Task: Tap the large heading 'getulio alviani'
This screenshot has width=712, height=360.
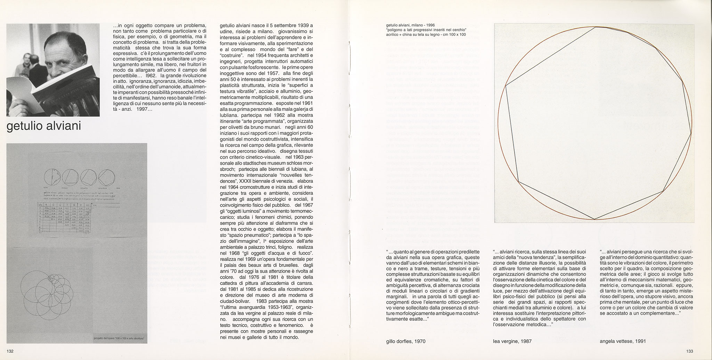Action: pos(43,126)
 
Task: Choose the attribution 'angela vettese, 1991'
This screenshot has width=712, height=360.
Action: pos(623,341)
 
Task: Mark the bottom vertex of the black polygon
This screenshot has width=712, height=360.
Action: pos(594,219)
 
